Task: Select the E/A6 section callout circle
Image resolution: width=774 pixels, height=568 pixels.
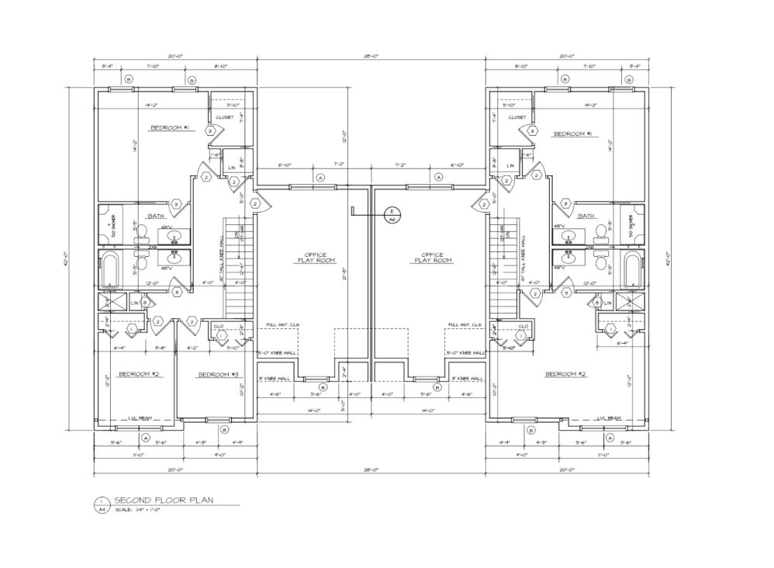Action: pos(392,215)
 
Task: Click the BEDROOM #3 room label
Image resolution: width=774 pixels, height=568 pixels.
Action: pos(219,375)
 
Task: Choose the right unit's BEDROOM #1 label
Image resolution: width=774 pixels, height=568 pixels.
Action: pos(572,134)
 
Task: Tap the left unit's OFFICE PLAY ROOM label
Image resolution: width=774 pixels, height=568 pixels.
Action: pos(315,258)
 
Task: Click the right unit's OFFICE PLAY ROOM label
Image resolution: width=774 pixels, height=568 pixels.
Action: pos(432,258)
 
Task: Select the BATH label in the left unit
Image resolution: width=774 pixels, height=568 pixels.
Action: pos(156,216)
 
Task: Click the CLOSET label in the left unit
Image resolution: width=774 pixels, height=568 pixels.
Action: pos(224,117)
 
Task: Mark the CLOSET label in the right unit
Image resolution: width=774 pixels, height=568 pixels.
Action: pos(517,117)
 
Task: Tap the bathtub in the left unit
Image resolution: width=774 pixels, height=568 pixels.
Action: pos(109,268)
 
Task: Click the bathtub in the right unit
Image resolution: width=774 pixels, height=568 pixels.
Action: pos(634,268)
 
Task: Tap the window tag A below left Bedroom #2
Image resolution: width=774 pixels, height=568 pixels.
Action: pos(145,437)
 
